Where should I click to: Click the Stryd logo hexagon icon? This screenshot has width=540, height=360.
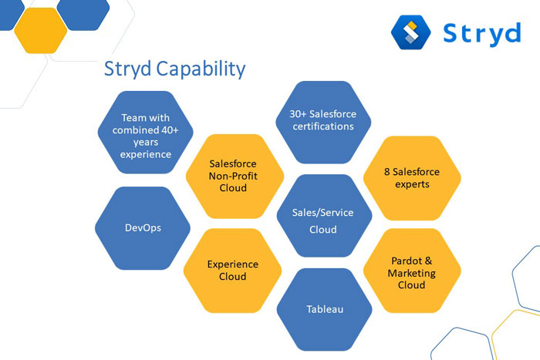tap(411, 32)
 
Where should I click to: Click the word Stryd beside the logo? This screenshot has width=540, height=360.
tap(482, 34)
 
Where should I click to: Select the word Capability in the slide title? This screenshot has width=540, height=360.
tap(201, 69)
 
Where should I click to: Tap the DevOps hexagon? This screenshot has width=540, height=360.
tap(143, 228)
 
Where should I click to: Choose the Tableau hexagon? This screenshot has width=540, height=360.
tap(325, 309)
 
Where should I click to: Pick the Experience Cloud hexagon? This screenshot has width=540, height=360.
tap(232, 271)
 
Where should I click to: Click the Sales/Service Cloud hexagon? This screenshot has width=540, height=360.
tap(325, 216)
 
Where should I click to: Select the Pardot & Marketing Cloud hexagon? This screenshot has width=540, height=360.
tap(412, 271)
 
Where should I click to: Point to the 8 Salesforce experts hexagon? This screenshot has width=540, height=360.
tap(412, 178)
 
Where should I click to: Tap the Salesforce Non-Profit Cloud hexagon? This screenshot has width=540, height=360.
tap(235, 177)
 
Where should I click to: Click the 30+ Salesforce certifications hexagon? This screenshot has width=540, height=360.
tap(323, 122)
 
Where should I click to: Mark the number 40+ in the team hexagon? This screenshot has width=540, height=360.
tap(170, 130)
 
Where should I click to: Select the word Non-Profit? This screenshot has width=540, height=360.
tap(233, 176)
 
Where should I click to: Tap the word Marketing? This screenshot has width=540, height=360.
tap(411, 273)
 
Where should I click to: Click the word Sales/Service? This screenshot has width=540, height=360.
tap(322, 213)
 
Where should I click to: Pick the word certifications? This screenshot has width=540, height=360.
tap(323, 126)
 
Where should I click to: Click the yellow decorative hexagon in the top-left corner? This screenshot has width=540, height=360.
tap(41, 30)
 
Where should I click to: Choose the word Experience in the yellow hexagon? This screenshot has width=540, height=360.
tap(233, 264)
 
